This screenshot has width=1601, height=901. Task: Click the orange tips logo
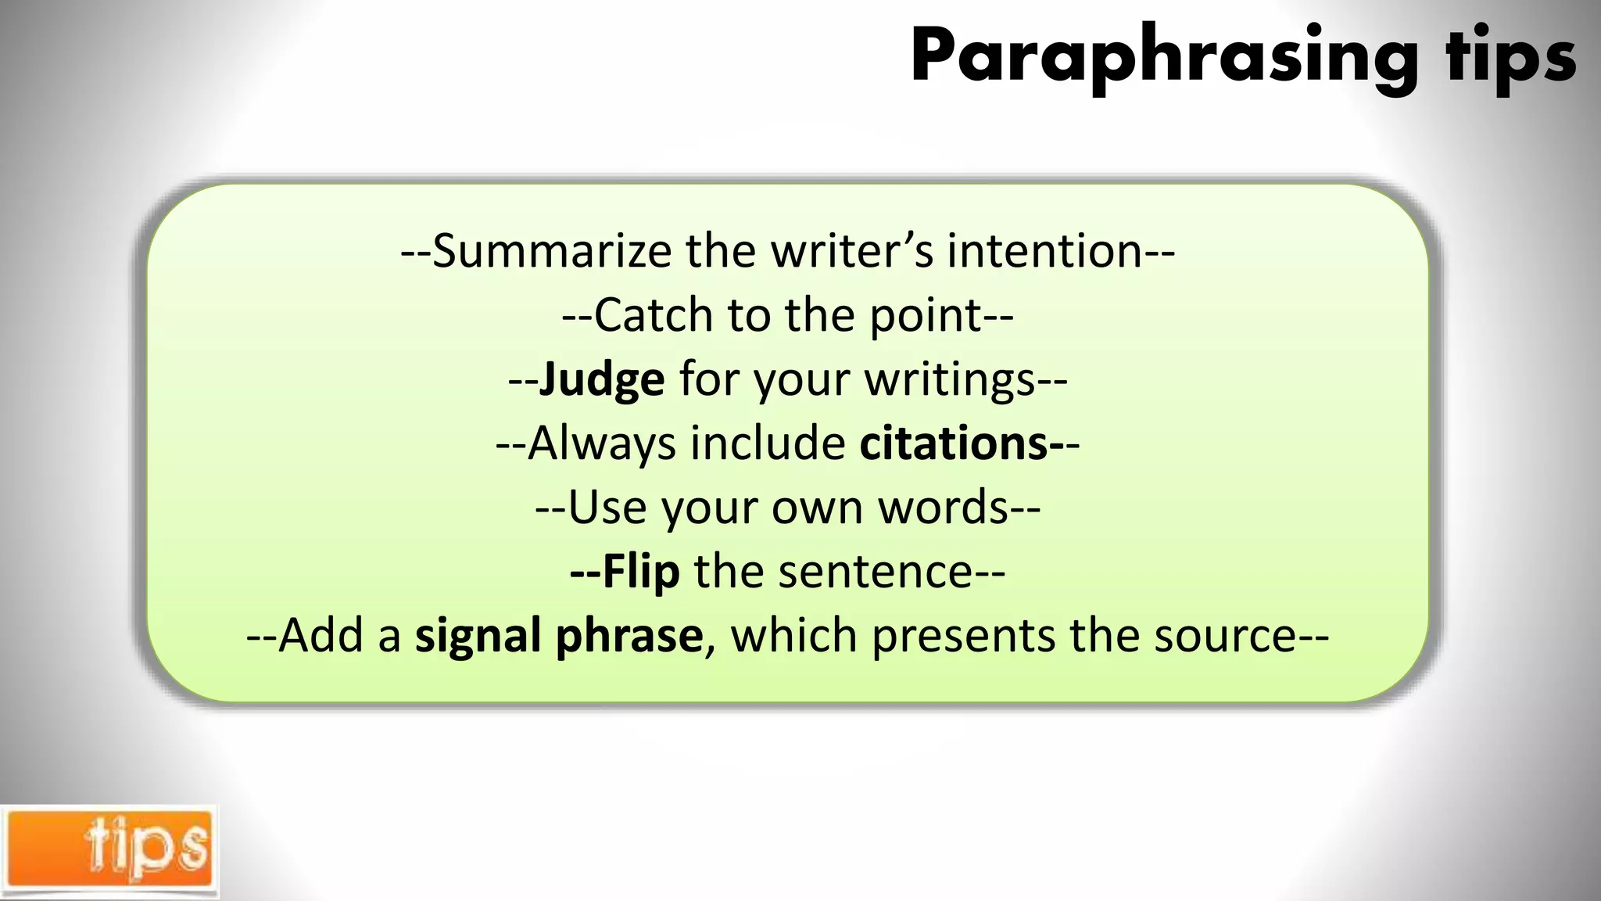109,851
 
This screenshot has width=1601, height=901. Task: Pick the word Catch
654,316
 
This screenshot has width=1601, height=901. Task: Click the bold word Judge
602,380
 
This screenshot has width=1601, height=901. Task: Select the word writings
950,380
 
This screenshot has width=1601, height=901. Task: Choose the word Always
602,444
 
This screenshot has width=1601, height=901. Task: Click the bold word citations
954,444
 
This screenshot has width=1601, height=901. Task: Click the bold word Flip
641,572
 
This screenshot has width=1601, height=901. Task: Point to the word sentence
876,572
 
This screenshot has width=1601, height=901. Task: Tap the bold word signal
478,636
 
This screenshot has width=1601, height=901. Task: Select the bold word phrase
629,636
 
